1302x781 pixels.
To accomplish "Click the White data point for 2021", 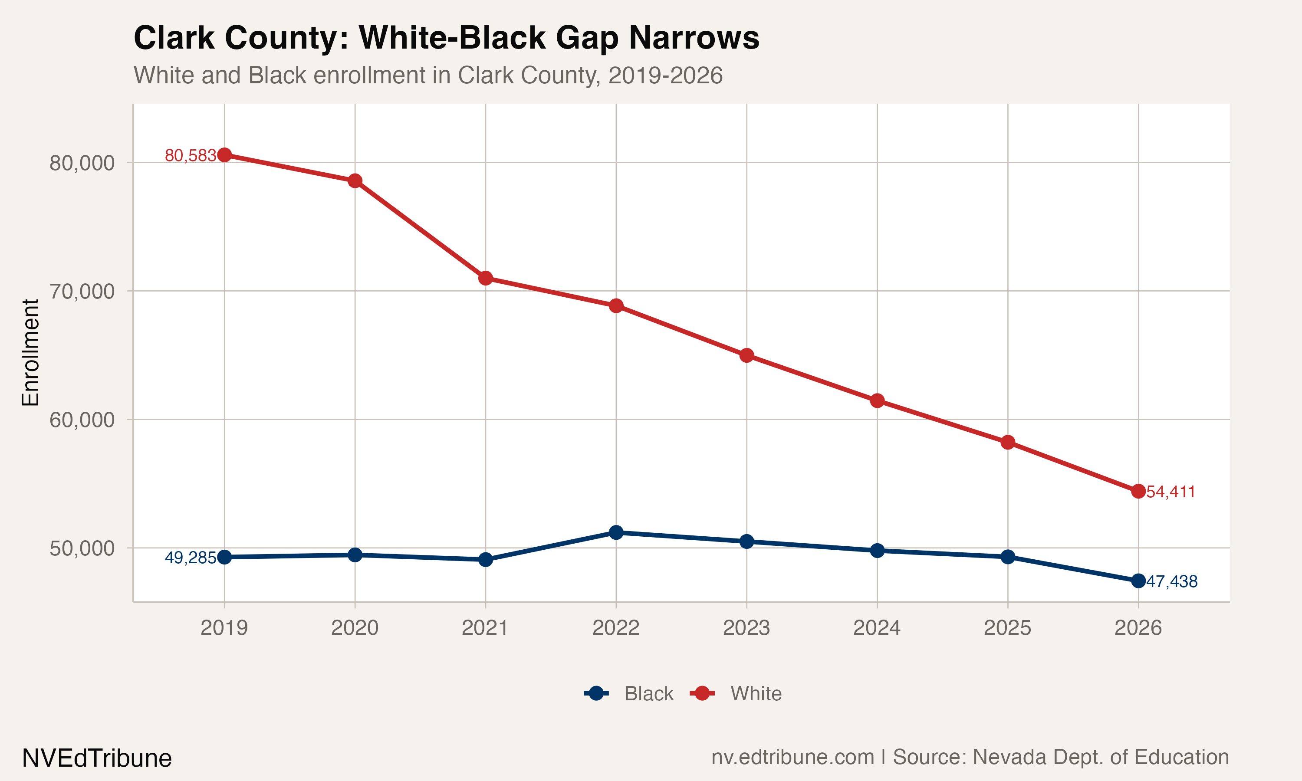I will click(485, 278).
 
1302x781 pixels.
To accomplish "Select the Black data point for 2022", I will click(616, 532).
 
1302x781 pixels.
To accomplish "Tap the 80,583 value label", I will click(190, 156).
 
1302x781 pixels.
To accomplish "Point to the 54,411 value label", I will click(1170, 492).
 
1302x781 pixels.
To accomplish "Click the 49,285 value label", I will click(190, 558).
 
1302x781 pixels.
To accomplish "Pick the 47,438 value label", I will click(1171, 581).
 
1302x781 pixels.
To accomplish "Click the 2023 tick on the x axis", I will click(746, 628).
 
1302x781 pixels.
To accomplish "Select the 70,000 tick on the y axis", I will click(82, 291).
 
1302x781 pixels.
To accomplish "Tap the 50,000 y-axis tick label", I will click(82, 548).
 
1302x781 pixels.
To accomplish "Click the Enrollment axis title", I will click(30, 353).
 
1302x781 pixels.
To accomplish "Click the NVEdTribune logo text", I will click(97, 758).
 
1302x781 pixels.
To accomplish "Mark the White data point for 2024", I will click(877, 400).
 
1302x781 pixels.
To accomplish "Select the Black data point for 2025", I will click(1007, 557).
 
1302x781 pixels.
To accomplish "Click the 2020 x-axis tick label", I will click(355, 628).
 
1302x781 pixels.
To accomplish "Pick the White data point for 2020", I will click(355, 181).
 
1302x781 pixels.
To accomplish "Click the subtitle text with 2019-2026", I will click(427, 75).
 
